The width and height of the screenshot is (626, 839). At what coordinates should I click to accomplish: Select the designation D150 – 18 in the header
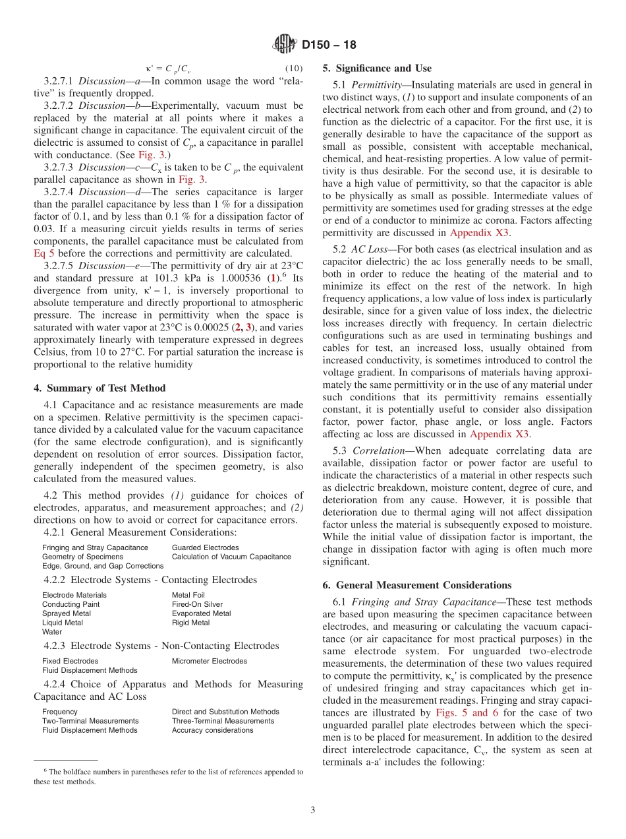coord(329,45)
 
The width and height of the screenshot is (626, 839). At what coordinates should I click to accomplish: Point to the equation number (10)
coord(294,69)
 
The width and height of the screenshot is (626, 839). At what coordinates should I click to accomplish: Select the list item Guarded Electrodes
coord(205,547)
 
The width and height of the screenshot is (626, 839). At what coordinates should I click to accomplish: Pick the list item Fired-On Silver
coord(197,604)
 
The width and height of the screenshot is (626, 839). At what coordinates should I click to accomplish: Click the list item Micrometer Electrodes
coord(209,661)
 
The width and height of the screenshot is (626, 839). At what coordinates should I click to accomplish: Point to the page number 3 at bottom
coord(313,811)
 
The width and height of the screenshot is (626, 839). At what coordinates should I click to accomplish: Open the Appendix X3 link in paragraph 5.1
coord(479,233)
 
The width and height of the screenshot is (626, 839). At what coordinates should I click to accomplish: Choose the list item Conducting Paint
coord(71,604)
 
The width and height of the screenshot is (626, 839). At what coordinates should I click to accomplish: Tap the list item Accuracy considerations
coord(212,730)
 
